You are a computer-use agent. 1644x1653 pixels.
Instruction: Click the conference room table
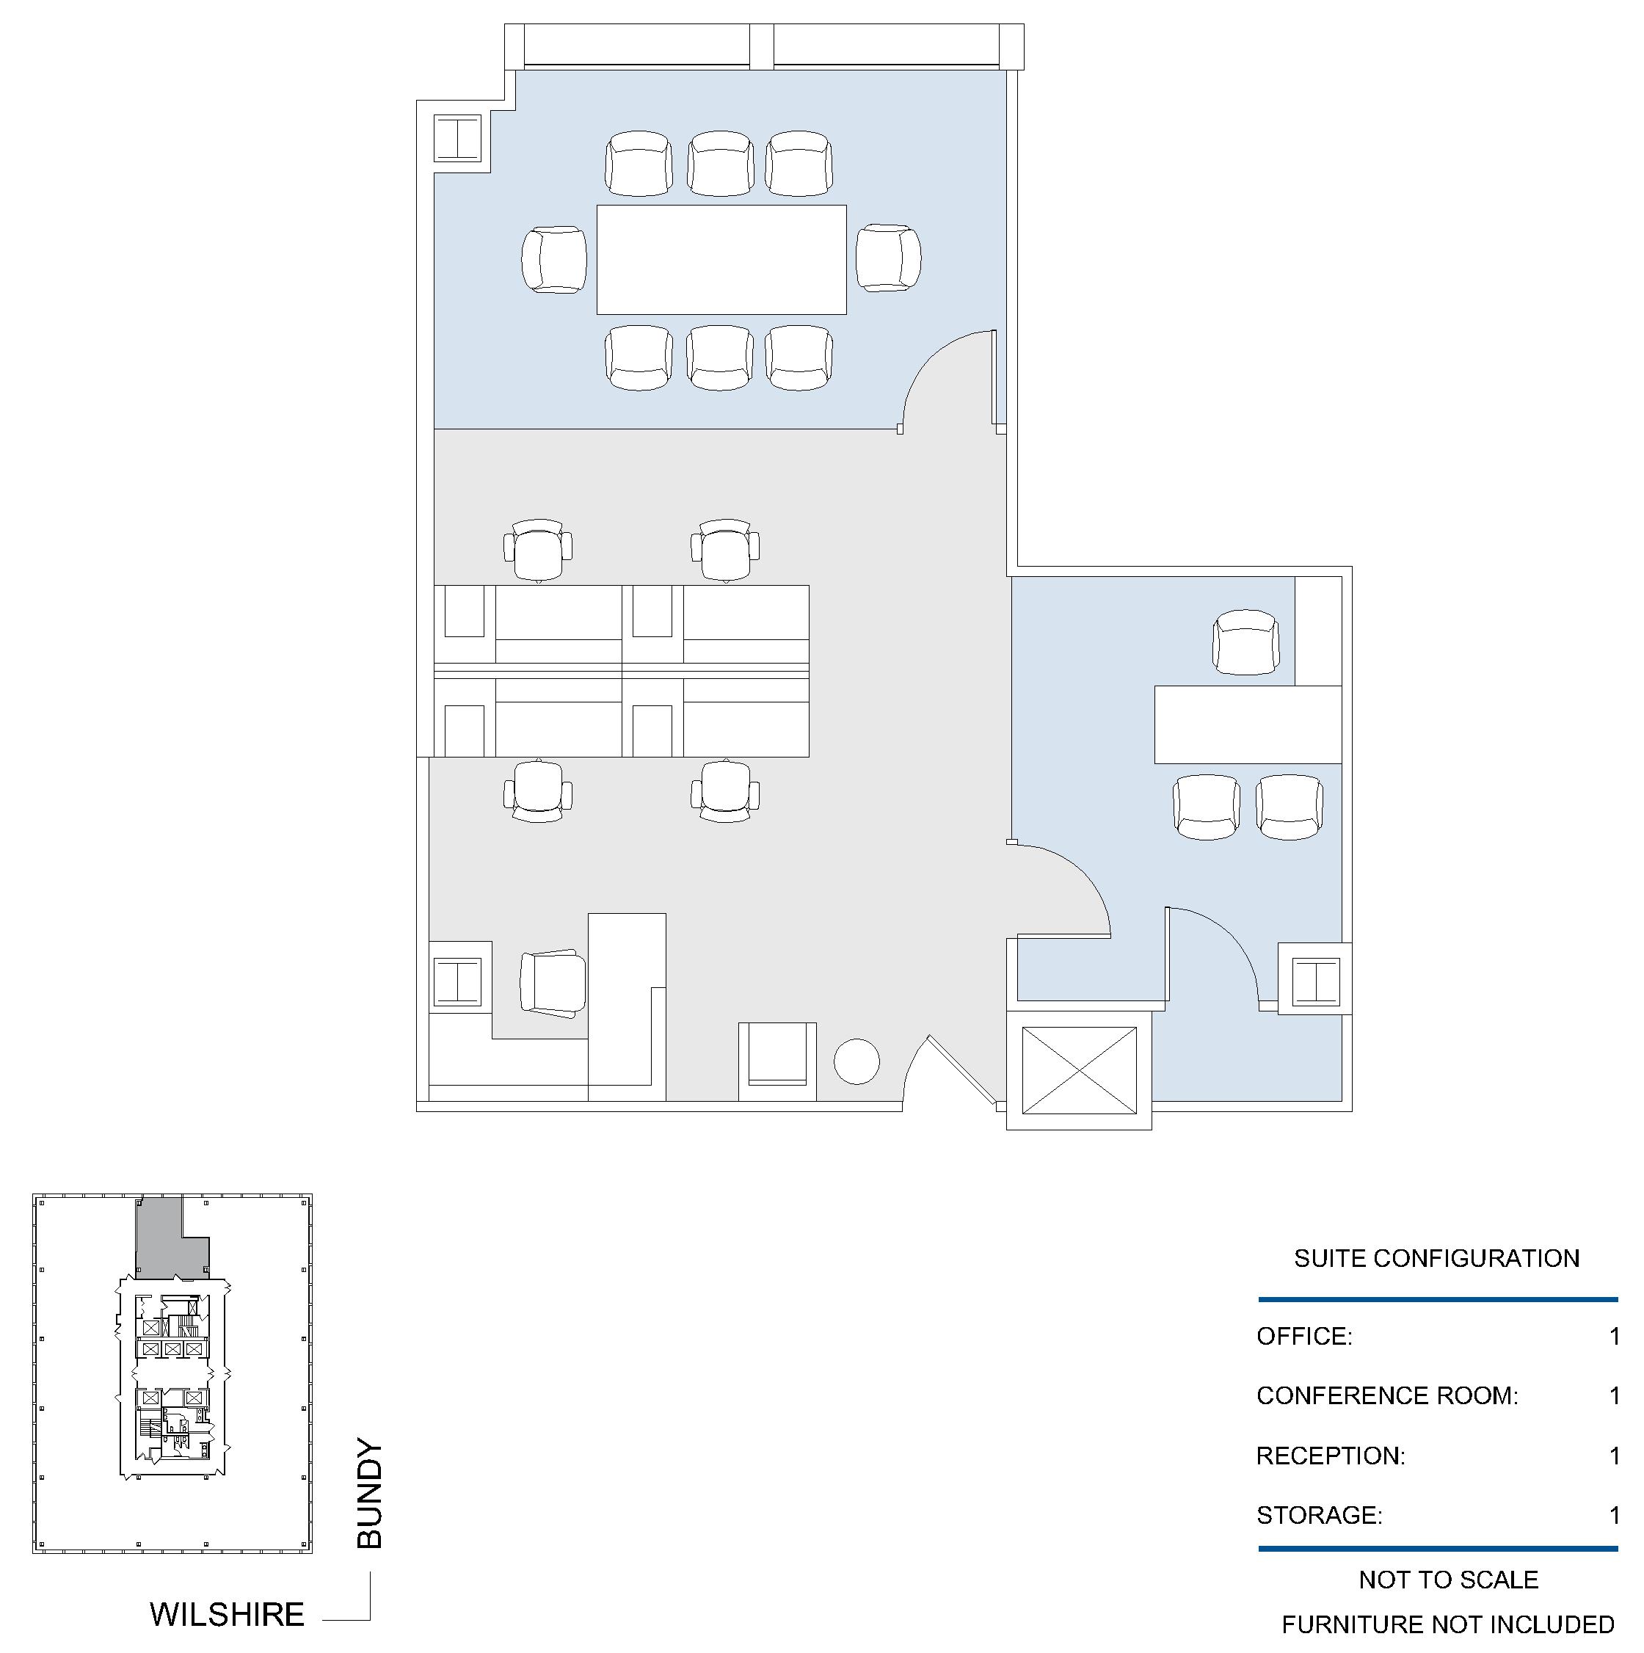tap(721, 259)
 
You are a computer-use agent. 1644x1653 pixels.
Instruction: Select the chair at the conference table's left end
tap(554, 259)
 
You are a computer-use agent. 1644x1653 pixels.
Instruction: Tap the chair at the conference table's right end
tap(889, 258)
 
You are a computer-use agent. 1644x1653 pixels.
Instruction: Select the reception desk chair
tap(553, 983)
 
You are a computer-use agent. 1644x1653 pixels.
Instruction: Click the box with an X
tap(1080, 1070)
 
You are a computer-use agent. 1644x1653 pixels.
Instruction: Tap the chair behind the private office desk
tap(1246, 642)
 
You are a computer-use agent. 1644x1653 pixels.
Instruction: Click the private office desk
tap(1247, 724)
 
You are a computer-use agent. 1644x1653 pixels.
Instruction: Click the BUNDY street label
tap(369, 1493)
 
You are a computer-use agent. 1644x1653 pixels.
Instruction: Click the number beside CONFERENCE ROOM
tap(1614, 1395)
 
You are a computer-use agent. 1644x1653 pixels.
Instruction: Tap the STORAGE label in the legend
tap(1319, 1514)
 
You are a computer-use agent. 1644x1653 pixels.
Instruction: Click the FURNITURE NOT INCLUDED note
tap(1447, 1624)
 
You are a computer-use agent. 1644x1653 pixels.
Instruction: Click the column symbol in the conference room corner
tap(459, 138)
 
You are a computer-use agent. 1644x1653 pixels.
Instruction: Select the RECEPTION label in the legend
tap(1330, 1456)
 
